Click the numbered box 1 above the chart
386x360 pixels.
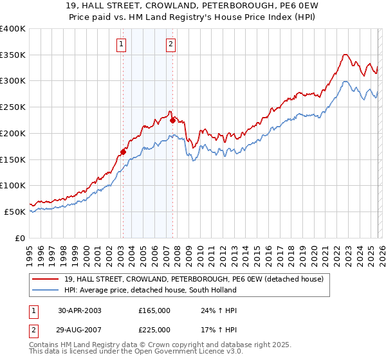pos(122,44)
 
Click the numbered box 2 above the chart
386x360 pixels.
pos(171,44)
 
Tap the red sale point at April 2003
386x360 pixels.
pos(123,152)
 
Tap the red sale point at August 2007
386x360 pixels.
pos(172,120)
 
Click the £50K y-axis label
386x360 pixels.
pos(15,212)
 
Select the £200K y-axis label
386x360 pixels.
pos(13,133)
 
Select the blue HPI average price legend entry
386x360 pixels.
pos(150,290)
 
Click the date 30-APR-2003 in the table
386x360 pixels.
pos(80,310)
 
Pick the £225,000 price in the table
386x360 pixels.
pos(154,330)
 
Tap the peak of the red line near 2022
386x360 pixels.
pos(345,55)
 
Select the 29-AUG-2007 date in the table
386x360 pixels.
pos(80,330)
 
